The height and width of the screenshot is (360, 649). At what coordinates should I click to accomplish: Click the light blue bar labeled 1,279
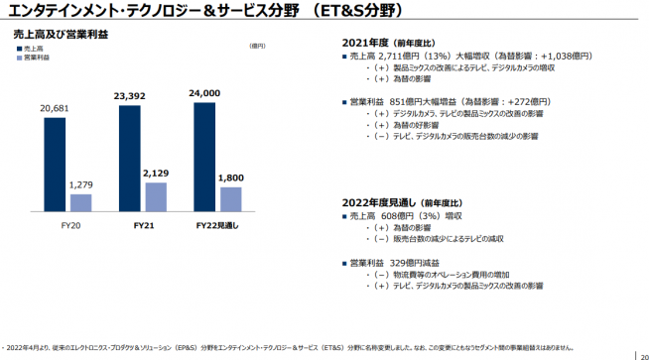[x=81, y=202]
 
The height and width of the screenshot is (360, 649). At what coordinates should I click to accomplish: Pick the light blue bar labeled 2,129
[x=156, y=196]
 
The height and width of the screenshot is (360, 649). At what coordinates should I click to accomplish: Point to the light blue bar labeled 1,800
[x=230, y=199]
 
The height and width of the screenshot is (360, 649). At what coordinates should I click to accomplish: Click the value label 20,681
[x=56, y=107]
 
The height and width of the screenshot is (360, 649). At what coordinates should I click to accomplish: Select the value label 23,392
[x=130, y=96]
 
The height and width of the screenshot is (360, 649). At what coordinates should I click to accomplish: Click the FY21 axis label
[x=144, y=226]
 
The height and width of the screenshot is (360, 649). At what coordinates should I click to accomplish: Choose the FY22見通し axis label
[x=218, y=226]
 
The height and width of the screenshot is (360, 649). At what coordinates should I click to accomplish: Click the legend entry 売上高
[x=34, y=48]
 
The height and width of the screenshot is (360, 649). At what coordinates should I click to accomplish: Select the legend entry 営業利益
[x=36, y=58]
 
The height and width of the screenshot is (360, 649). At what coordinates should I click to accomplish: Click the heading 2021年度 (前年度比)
[x=390, y=45]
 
